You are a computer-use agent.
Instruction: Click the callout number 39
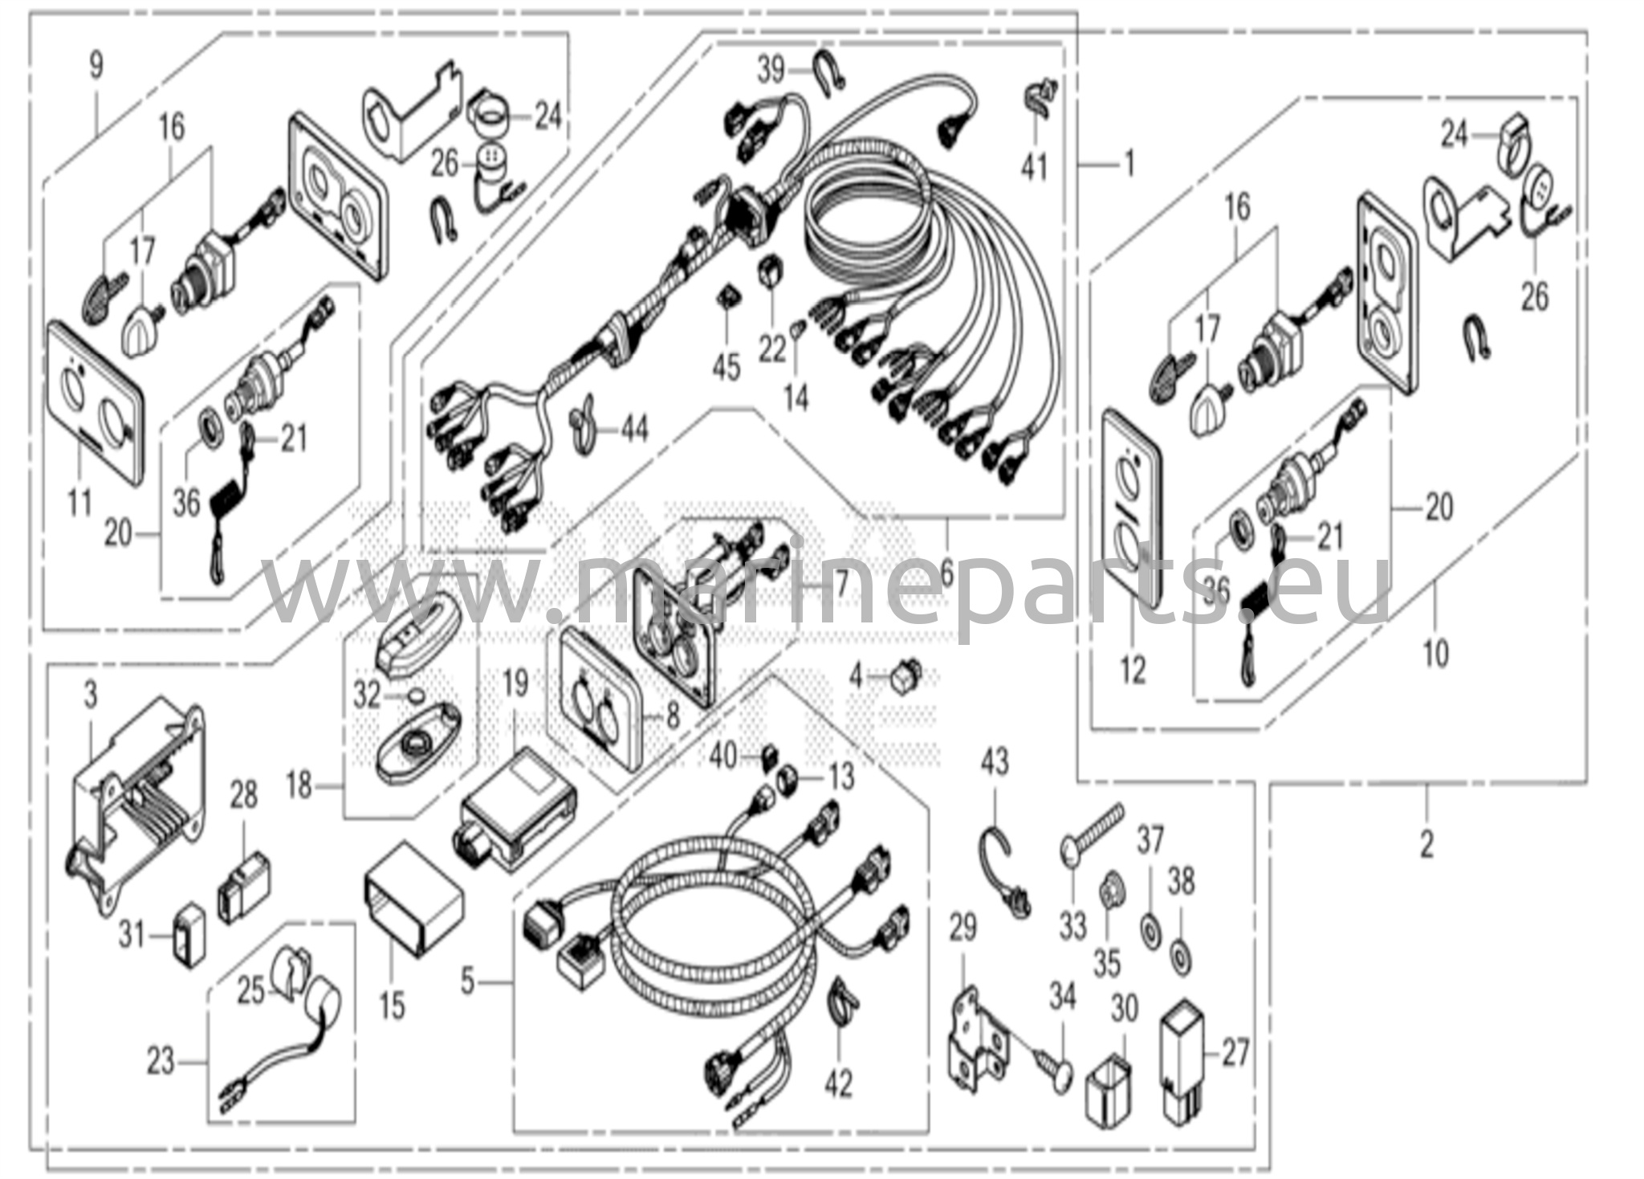coord(771,71)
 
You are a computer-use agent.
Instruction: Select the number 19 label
coord(515,683)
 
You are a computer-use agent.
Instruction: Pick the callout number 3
coord(90,694)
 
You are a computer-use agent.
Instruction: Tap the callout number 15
coord(393,1006)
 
